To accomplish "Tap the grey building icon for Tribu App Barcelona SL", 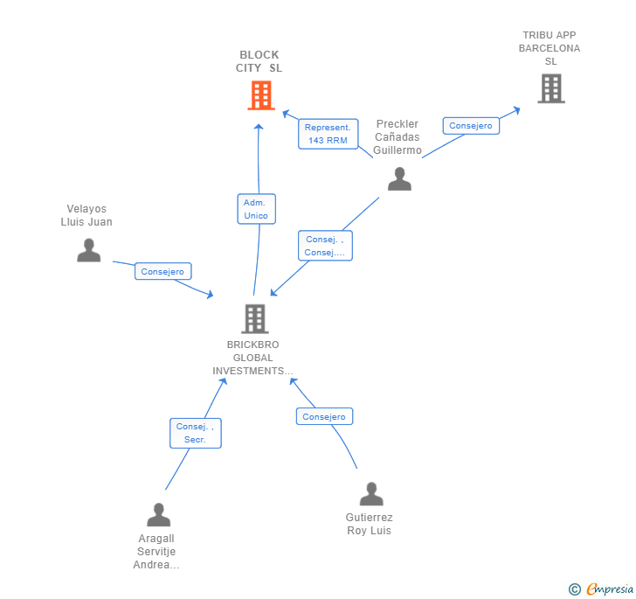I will point(550,88).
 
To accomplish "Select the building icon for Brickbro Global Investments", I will point(254,318).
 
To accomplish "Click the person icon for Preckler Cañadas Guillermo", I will point(399,178).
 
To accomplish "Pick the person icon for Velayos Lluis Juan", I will point(88,250).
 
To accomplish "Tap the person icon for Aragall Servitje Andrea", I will point(158,514).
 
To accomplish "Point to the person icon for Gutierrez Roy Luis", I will point(371,494).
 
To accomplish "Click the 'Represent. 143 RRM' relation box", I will point(328,134).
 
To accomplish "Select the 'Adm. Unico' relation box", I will point(256,209).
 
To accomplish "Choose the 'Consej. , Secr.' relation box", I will point(195,433).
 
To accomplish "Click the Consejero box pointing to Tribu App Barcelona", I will point(470,126).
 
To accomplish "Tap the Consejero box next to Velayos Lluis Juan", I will point(162,272).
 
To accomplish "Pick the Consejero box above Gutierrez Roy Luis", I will point(324,417).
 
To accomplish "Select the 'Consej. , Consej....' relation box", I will point(325,246).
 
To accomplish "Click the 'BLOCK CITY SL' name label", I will point(259,61).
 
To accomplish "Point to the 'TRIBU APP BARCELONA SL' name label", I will point(550,48).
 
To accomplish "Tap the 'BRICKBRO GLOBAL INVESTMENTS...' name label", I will point(253,358).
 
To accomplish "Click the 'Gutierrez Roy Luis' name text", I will point(369,524).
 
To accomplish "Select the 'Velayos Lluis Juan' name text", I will point(86,215).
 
